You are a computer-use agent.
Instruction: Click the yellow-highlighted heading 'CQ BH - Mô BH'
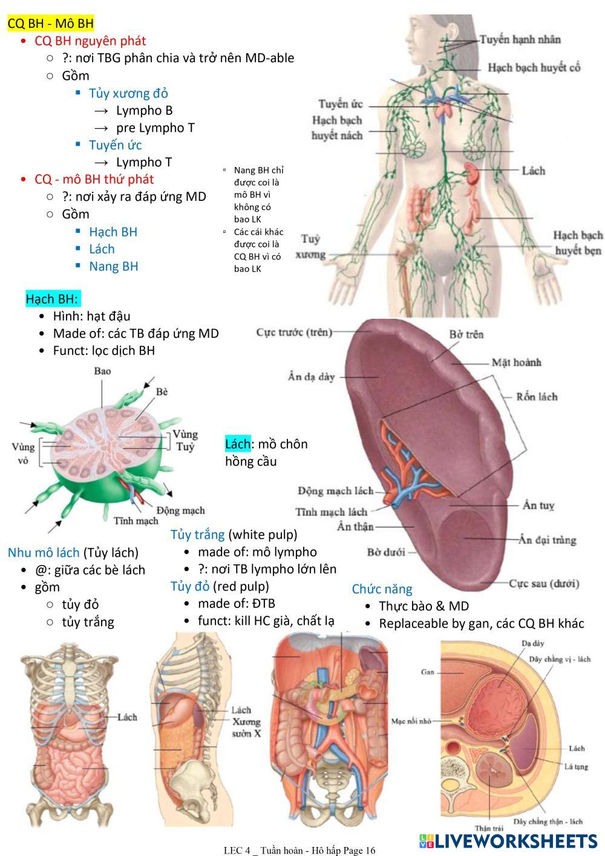coord(51,24)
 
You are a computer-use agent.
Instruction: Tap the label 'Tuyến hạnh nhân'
coord(520,40)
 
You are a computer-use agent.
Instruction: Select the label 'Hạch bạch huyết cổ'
coord(534,67)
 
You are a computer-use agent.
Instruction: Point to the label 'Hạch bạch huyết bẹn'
coord(577,242)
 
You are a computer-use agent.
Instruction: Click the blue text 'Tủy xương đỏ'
coord(128,93)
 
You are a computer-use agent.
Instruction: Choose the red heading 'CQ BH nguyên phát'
coord(90,41)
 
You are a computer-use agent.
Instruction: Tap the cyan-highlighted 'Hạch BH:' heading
coord(52,299)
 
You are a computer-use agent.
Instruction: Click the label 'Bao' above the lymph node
coord(102,371)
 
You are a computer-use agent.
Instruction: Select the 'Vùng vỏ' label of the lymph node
coord(24,453)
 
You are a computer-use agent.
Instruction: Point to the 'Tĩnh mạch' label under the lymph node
coord(136,521)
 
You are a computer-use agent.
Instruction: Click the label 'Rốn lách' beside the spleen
coord(537,397)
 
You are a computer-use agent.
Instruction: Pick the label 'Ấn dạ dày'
coord(311,377)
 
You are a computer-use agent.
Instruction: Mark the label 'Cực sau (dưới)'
coord(544,584)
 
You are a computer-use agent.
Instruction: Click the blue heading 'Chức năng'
coord(382,589)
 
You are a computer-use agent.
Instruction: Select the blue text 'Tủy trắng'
coord(197,535)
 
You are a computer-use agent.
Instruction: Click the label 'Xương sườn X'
coord(246,727)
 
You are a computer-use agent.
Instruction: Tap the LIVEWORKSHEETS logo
coord(508,841)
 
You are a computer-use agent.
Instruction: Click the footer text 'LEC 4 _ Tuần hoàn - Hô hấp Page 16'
coord(299,850)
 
